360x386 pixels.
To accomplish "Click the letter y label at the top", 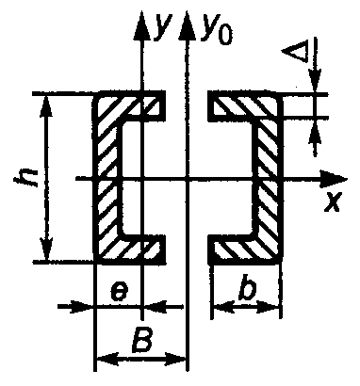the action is [163, 26].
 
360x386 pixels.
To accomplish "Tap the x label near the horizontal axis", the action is [333, 201].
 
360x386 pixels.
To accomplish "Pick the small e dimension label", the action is [120, 293].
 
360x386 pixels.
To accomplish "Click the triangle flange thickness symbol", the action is [295, 53].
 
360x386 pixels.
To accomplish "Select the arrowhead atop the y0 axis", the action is [187, 25].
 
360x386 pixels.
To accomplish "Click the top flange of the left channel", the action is [129, 105].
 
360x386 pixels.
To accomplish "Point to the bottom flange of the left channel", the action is [129, 249].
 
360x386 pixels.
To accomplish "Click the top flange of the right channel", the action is [245, 105].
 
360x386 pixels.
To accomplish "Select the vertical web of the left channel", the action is [106, 177].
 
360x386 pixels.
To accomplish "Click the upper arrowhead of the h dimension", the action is [47, 106].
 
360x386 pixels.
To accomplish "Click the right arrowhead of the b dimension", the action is [269, 307].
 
